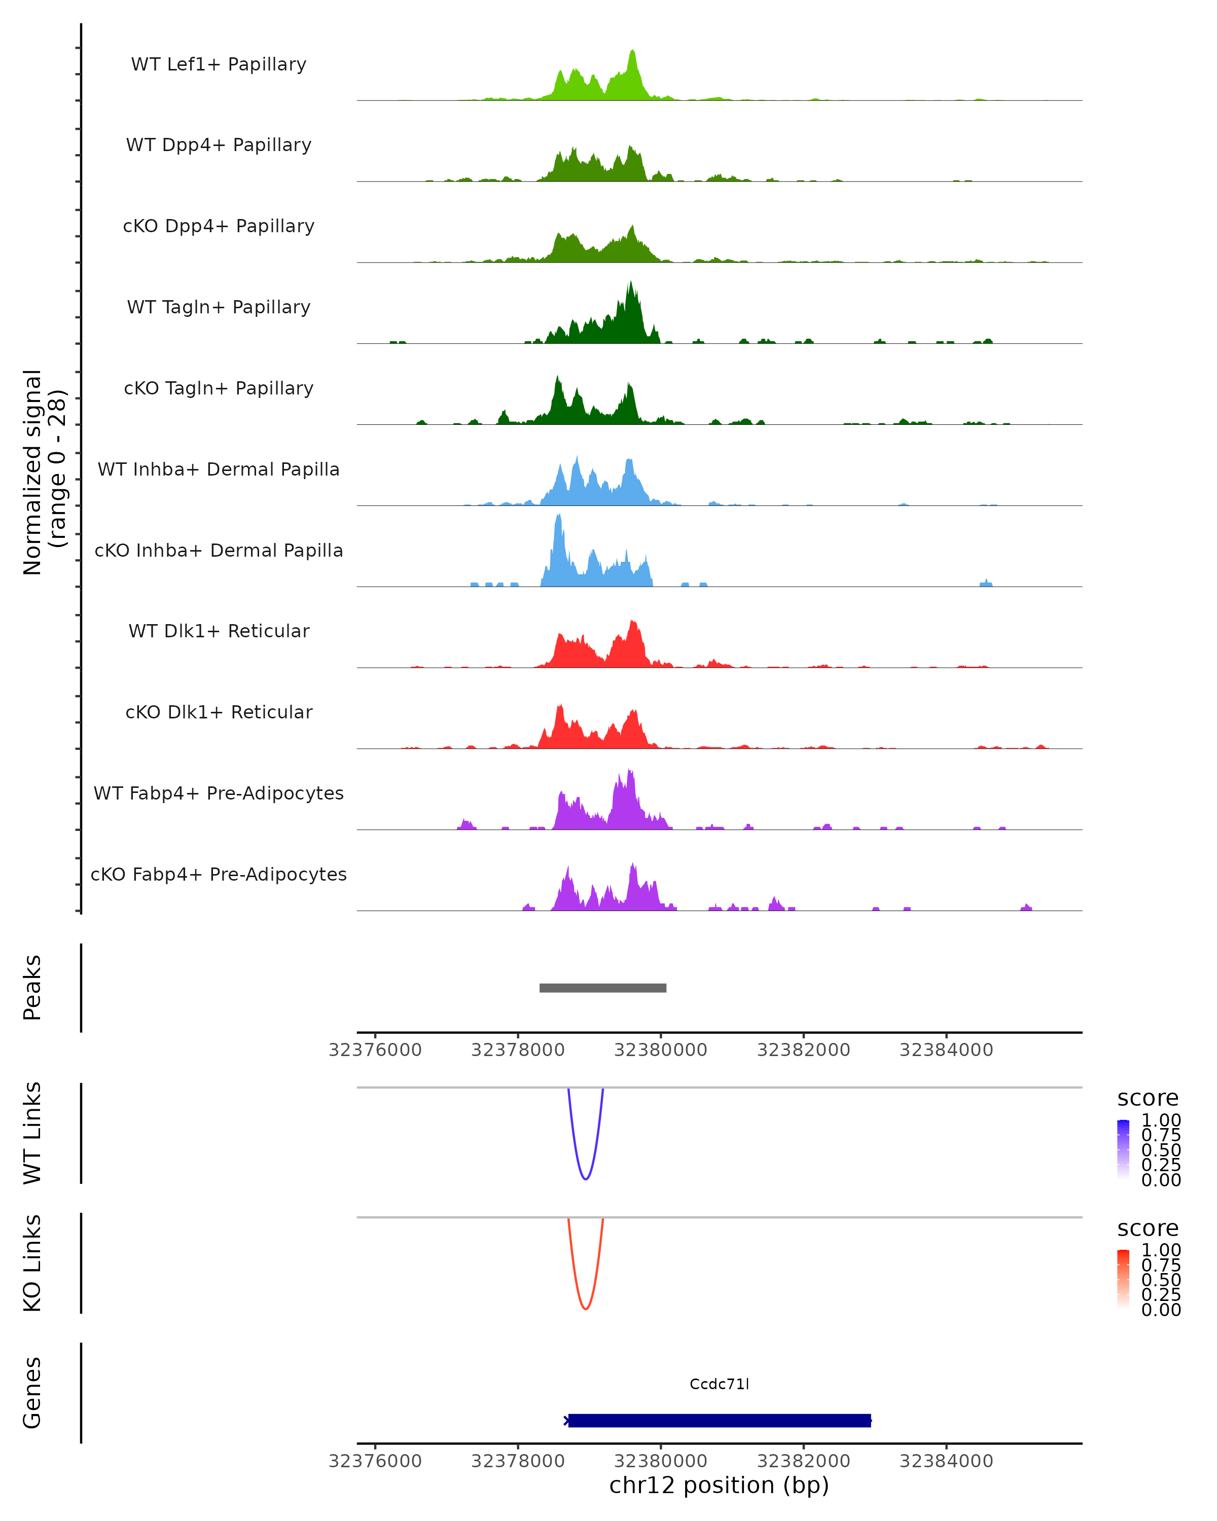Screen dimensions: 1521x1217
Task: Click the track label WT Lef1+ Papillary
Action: pyautogui.click(x=219, y=64)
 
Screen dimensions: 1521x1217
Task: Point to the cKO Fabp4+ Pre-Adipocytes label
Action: pyautogui.click(x=219, y=874)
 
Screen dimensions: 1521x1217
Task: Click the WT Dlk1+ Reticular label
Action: pyautogui.click(x=219, y=631)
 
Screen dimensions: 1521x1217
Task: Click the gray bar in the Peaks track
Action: pyautogui.click(x=602, y=988)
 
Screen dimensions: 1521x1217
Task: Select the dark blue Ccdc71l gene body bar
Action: pyautogui.click(x=720, y=1420)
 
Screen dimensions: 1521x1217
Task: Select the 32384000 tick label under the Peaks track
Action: pyautogui.click(x=946, y=1050)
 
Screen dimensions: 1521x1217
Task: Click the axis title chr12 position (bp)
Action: pyautogui.click(x=719, y=1486)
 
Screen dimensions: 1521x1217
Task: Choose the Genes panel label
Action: pyautogui.click(x=32, y=1393)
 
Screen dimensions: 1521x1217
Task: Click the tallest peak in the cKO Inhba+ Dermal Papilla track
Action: pyautogui.click(x=559, y=517)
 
